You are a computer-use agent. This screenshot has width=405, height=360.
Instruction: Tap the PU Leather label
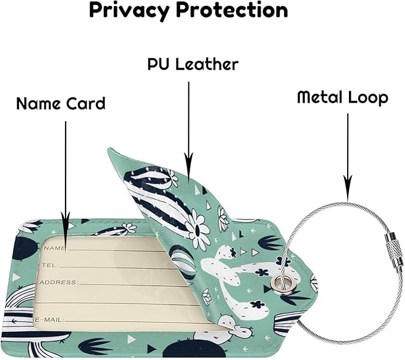coord(193,64)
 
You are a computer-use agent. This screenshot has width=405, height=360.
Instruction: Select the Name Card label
coord(61,103)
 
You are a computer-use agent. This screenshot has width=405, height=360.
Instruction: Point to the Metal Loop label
coord(343,97)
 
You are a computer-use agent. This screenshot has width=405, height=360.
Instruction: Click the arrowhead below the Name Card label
coord(66,219)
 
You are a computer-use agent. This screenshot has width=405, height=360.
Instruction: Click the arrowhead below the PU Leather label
coord(188,161)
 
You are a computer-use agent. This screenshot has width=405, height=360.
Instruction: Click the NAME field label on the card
coord(55,248)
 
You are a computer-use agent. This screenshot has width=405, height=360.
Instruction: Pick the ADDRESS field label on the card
coord(58,282)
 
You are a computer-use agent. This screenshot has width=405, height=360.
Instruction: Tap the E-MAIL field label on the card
coord(49,320)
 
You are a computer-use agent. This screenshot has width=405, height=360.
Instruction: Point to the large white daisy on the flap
coord(198,228)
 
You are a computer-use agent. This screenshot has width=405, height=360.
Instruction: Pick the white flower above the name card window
coord(129,228)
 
